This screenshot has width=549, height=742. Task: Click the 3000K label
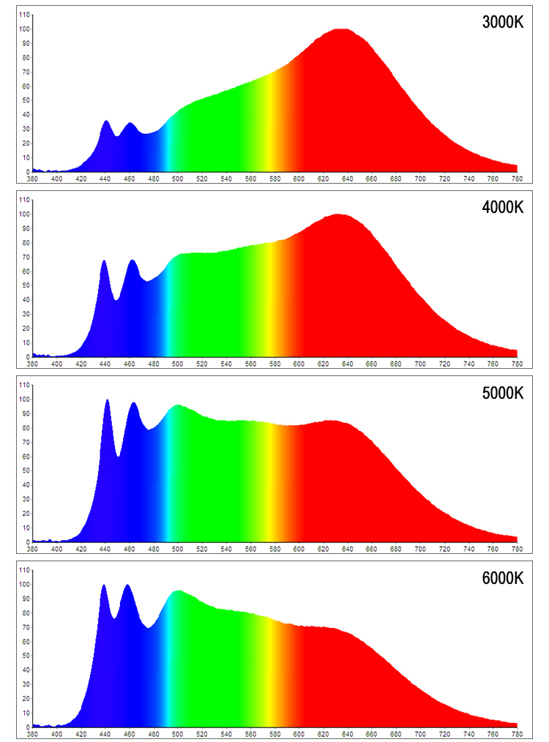[x=503, y=22]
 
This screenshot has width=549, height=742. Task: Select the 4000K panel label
[x=503, y=207]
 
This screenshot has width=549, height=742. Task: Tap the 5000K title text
[x=503, y=393]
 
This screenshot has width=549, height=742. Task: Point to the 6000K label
[x=503, y=578]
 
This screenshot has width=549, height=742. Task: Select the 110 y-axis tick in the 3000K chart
[x=25, y=15]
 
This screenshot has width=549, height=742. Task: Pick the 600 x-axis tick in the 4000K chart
[x=299, y=363]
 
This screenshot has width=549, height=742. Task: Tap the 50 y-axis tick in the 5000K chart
[x=26, y=471]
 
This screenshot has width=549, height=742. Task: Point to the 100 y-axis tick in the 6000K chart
[x=25, y=585]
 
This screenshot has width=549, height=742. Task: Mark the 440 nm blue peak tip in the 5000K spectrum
[x=108, y=400]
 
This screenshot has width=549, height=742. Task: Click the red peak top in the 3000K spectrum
[x=341, y=30]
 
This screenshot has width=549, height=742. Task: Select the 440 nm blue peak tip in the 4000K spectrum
[x=104, y=261]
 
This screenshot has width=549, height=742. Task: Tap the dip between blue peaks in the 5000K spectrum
[x=118, y=456]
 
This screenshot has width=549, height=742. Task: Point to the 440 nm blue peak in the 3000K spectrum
[x=105, y=121]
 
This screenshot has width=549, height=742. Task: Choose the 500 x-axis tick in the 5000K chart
[x=178, y=548]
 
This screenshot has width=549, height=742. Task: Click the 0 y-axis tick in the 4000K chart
[x=28, y=357]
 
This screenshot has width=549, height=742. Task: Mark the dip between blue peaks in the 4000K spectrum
[x=116, y=299]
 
